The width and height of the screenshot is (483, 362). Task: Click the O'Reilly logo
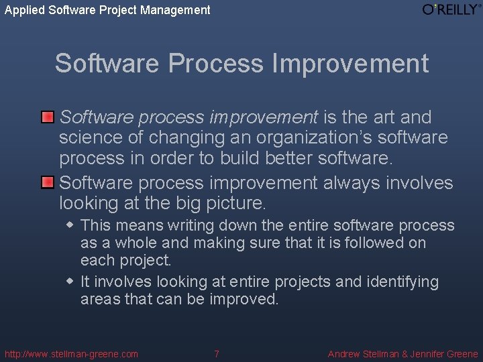tap(451, 9)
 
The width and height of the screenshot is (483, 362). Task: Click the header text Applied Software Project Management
tap(107, 10)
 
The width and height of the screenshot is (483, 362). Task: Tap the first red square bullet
tap(47, 117)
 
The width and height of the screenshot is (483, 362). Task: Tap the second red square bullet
tap(47, 182)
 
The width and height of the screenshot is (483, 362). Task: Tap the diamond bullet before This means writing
tap(70, 225)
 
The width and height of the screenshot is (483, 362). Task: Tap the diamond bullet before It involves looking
tap(70, 282)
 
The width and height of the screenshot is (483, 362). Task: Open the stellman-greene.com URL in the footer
tap(71, 354)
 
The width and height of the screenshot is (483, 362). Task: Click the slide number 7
tap(216, 354)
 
